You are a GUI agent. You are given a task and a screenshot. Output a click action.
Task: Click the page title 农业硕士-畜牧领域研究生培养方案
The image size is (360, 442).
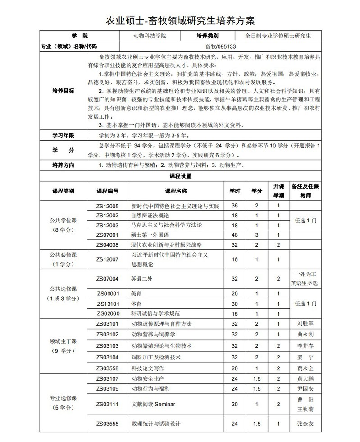pyautogui.click(x=180, y=20)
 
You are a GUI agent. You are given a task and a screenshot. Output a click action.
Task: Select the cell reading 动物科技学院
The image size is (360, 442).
pyautogui.click(x=149, y=36)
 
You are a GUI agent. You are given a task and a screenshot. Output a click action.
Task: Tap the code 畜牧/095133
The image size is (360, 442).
pyautogui.click(x=220, y=46)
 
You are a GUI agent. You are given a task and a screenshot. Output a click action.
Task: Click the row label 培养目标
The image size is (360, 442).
pyautogui.click(x=63, y=91)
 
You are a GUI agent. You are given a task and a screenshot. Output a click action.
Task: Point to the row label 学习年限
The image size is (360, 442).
pyautogui.click(x=63, y=135)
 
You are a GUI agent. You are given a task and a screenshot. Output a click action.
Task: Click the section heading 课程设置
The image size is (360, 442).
pyautogui.click(x=180, y=175)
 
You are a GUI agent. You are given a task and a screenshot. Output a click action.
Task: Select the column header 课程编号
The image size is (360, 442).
pyautogui.click(x=108, y=191)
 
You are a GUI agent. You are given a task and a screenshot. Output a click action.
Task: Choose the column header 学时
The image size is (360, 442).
pyautogui.click(x=234, y=191)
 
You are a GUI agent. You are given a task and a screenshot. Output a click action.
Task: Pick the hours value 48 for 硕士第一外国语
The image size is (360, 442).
pyautogui.click(x=234, y=235)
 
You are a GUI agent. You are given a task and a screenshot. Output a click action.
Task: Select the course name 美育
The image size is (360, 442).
pyautogui.click(x=136, y=293)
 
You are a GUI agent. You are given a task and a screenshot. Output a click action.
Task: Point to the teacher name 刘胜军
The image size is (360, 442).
pyautogui.click(x=305, y=323)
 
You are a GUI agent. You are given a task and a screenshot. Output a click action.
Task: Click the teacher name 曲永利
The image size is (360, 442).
pyautogui.click(x=305, y=335)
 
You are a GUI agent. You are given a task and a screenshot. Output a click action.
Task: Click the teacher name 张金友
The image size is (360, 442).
pyautogui.click(x=305, y=424)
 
